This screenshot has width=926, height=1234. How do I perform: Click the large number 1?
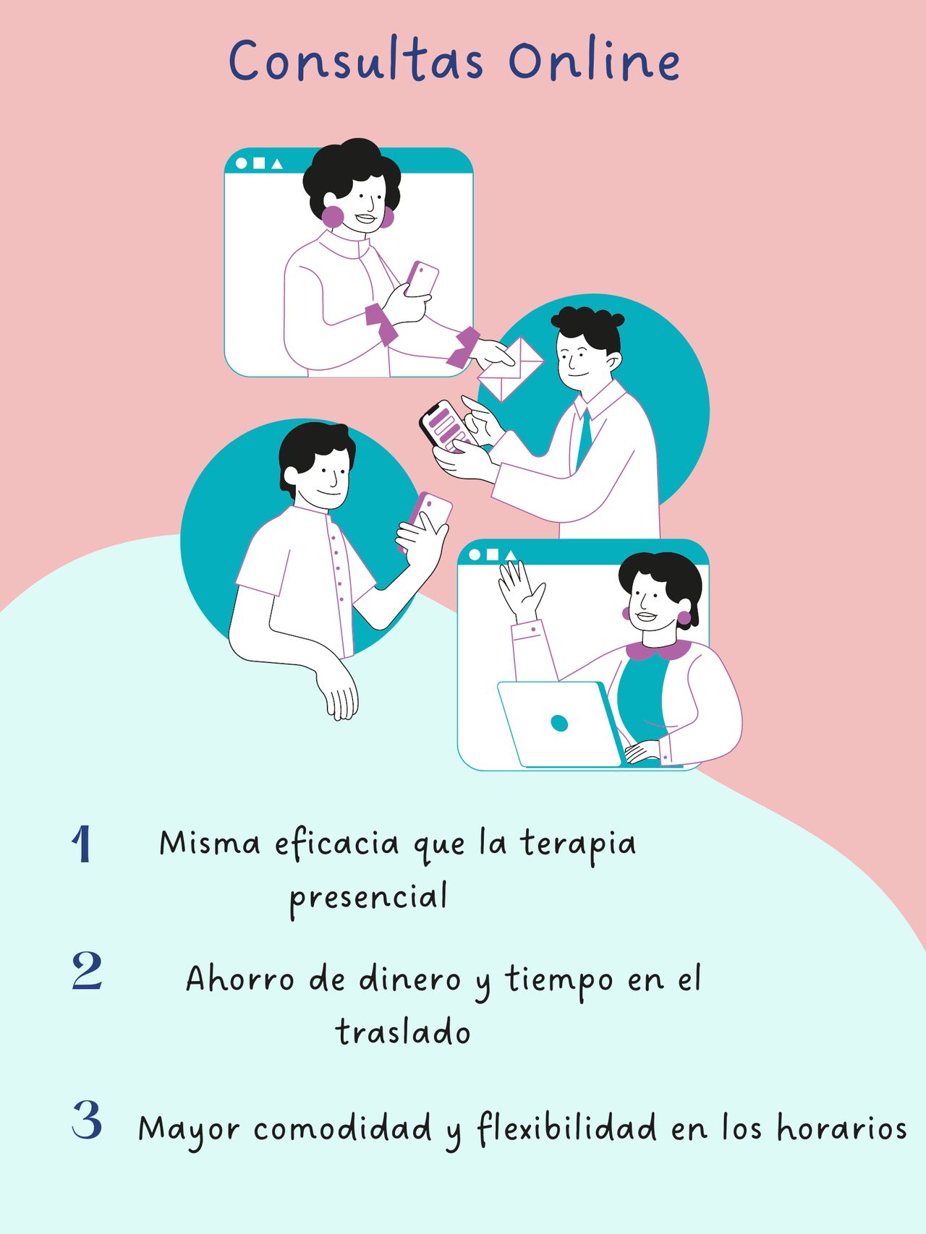(82, 844)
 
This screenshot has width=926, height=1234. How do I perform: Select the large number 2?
(87, 971)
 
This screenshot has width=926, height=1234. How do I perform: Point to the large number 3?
(87, 1120)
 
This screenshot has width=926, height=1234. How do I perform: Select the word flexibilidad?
(567, 1128)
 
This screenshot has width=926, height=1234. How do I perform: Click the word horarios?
(841, 1128)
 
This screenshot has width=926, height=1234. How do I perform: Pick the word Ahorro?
(240, 980)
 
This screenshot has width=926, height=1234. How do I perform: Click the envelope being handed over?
(511, 369)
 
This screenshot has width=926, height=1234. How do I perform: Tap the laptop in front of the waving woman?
(560, 724)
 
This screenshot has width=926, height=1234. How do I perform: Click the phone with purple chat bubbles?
(445, 427)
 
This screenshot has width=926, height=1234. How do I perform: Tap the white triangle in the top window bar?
(277, 164)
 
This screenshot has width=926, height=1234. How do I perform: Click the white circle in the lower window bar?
(475, 554)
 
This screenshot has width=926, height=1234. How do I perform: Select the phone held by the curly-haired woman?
(422, 278)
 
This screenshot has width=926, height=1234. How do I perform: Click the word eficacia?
(337, 844)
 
